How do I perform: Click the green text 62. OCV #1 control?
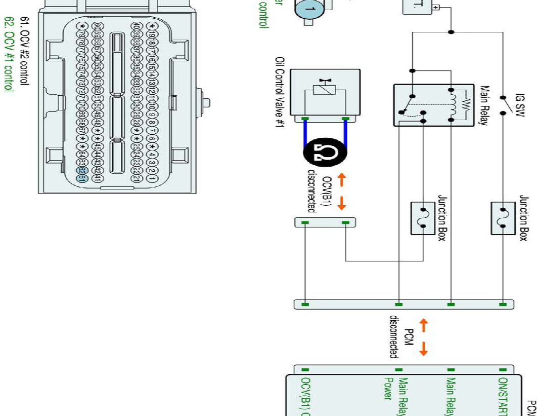pyautogui.click(x=8, y=53)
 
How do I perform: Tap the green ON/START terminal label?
pyautogui.click(x=503, y=395)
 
